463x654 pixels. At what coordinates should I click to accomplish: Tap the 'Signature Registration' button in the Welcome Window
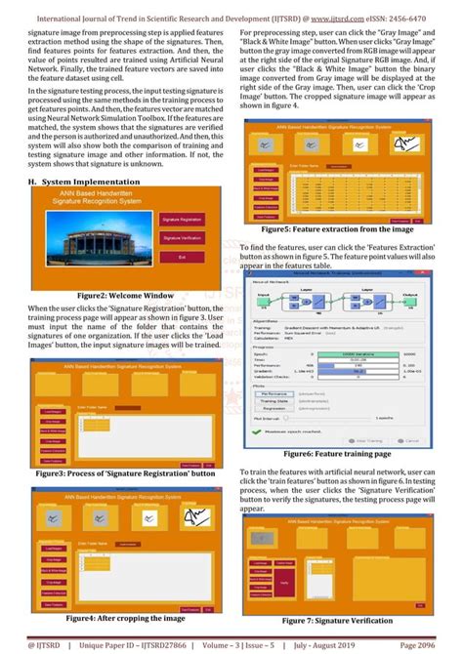click(x=182, y=222)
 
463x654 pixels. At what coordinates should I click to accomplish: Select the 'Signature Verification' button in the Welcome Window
click(x=182, y=238)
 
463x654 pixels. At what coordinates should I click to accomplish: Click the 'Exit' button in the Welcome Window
click(x=182, y=257)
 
